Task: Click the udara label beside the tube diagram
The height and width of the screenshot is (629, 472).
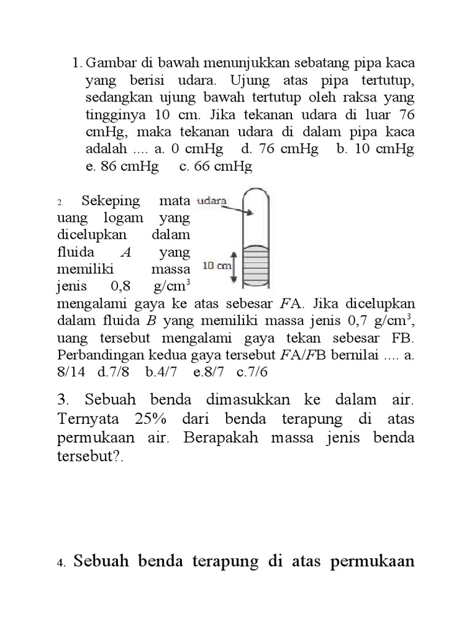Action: click(x=211, y=201)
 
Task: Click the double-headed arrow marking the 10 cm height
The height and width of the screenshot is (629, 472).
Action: click(x=234, y=266)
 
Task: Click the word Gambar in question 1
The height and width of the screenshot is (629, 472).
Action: click(x=108, y=63)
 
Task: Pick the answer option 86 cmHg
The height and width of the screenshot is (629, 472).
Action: click(x=122, y=166)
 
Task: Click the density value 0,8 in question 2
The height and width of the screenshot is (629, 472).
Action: click(x=123, y=286)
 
